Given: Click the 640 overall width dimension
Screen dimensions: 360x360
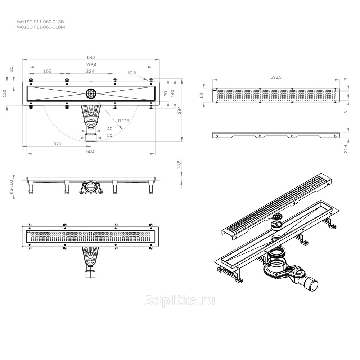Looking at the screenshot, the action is (91, 57).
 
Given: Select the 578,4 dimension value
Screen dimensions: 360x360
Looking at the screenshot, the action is (91, 65).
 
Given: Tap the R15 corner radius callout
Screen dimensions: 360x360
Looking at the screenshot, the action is (132, 73).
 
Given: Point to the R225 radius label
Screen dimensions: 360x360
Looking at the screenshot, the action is (123, 121).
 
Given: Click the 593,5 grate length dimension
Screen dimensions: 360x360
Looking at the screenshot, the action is (276, 77).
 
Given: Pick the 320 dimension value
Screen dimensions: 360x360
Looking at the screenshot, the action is (57, 144).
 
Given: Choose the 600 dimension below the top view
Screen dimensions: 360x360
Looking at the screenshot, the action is (90, 151).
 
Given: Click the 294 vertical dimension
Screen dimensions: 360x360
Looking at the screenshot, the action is (179, 110).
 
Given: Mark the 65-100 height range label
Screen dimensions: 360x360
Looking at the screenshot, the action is (12, 187).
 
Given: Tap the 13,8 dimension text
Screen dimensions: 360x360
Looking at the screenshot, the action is (179, 165).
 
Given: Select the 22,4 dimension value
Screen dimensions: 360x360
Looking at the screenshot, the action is (346, 149).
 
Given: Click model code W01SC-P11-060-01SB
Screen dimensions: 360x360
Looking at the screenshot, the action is (40, 22).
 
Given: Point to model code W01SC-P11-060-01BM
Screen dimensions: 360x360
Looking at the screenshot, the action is (41, 27).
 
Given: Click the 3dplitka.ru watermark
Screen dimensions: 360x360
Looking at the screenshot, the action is (180, 301).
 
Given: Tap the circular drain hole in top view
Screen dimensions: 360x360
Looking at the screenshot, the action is (91, 94).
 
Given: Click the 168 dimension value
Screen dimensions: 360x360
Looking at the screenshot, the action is (47, 71).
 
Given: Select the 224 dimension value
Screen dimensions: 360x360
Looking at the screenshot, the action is (90, 71).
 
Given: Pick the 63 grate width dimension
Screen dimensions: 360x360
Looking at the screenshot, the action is (201, 95).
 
